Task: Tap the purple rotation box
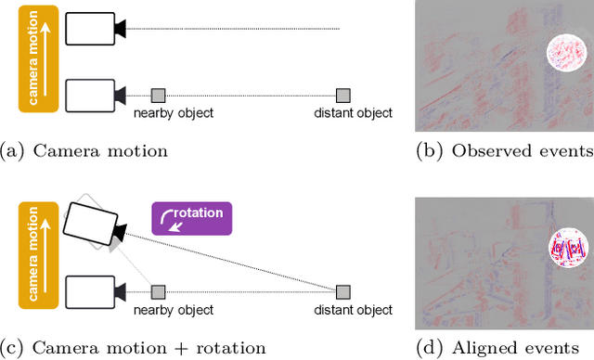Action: coord(192,218)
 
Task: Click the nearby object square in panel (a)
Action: coord(159,95)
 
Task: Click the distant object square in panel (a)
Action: coord(342,95)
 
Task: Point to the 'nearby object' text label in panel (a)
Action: coord(174,113)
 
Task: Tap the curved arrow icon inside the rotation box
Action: coord(167,219)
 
